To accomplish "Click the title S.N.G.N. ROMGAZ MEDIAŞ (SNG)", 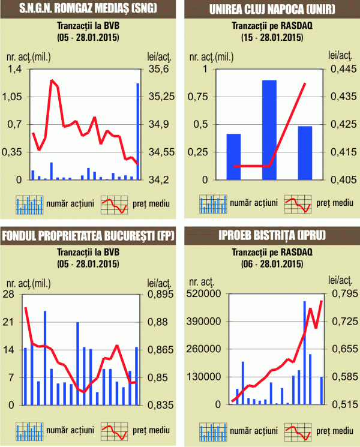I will (88, 9).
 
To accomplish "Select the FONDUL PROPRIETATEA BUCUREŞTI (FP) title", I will (88, 235).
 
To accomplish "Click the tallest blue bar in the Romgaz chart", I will (138, 131).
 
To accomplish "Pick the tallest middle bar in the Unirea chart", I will (269, 130).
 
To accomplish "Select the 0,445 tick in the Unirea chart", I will (342, 70).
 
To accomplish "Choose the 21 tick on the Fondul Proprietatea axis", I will (10, 322).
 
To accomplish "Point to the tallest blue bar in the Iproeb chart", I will (305, 352).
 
